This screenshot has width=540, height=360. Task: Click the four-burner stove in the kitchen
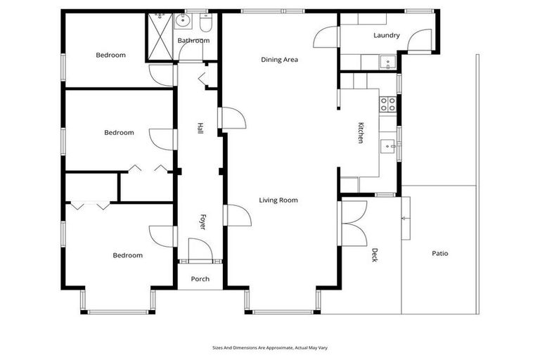388,105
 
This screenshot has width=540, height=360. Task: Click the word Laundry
386,35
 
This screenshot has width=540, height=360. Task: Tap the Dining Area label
279,60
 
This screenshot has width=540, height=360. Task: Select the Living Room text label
278,200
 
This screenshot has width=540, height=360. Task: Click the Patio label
440,254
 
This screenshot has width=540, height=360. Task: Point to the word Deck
375,255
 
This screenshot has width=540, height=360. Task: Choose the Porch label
200,279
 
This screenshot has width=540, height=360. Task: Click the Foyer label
202,223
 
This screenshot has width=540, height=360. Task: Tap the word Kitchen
361,133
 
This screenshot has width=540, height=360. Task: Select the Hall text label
200,129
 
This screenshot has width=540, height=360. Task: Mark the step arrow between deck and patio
404,219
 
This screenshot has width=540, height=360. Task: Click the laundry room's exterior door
420,41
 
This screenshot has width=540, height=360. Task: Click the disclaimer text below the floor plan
270,347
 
